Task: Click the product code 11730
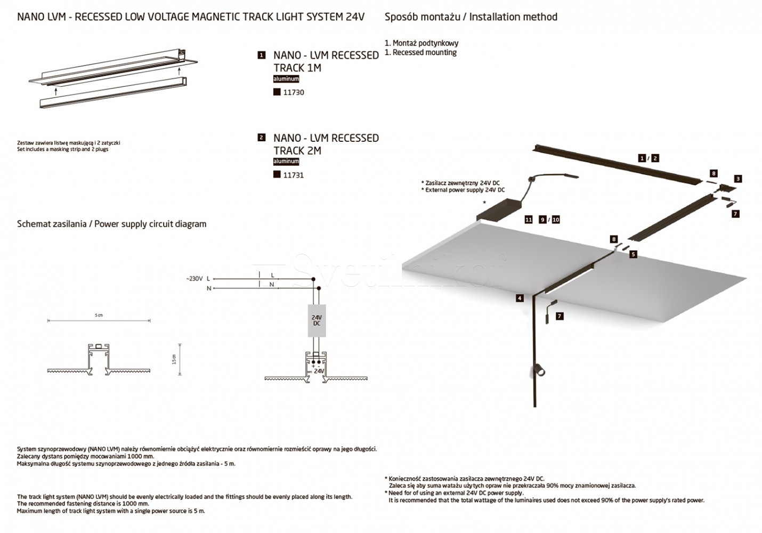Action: [294, 92]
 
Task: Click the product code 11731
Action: [294, 175]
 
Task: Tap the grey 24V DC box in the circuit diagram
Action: [317, 320]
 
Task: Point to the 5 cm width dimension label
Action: [99, 316]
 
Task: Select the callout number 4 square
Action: [520, 298]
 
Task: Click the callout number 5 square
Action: [633, 254]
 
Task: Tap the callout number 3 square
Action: [738, 179]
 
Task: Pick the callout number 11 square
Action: [529, 220]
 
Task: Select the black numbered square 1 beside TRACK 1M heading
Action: [262, 55]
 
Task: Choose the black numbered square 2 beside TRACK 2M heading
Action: [261, 138]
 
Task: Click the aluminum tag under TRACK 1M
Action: [286, 79]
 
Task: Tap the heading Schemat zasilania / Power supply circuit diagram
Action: [112, 224]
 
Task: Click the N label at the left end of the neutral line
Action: [208, 288]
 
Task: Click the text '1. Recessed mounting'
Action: [420, 52]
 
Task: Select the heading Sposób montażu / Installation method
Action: [471, 17]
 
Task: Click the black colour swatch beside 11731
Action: [277, 174]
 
